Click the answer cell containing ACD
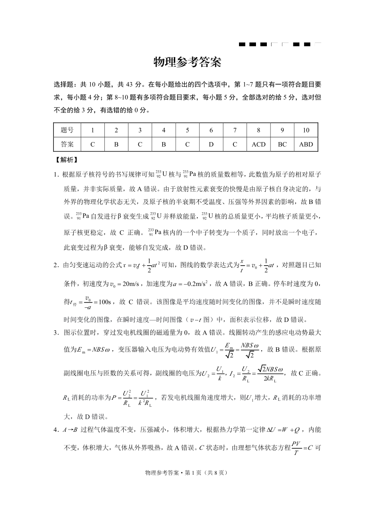click(x=258, y=144)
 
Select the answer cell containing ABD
click(x=306, y=144)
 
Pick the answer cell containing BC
click(x=282, y=144)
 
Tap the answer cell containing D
click(x=211, y=144)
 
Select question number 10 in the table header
click(x=306, y=130)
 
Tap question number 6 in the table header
click(x=211, y=130)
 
